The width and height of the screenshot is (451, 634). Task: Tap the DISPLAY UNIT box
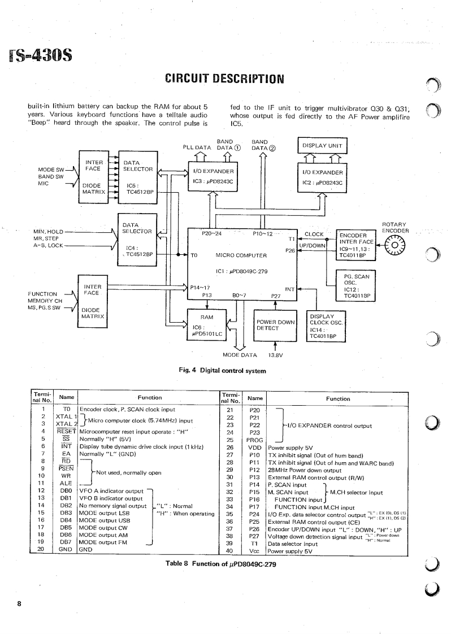tap(321, 145)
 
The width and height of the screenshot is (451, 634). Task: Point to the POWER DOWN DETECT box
tap(275, 325)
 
